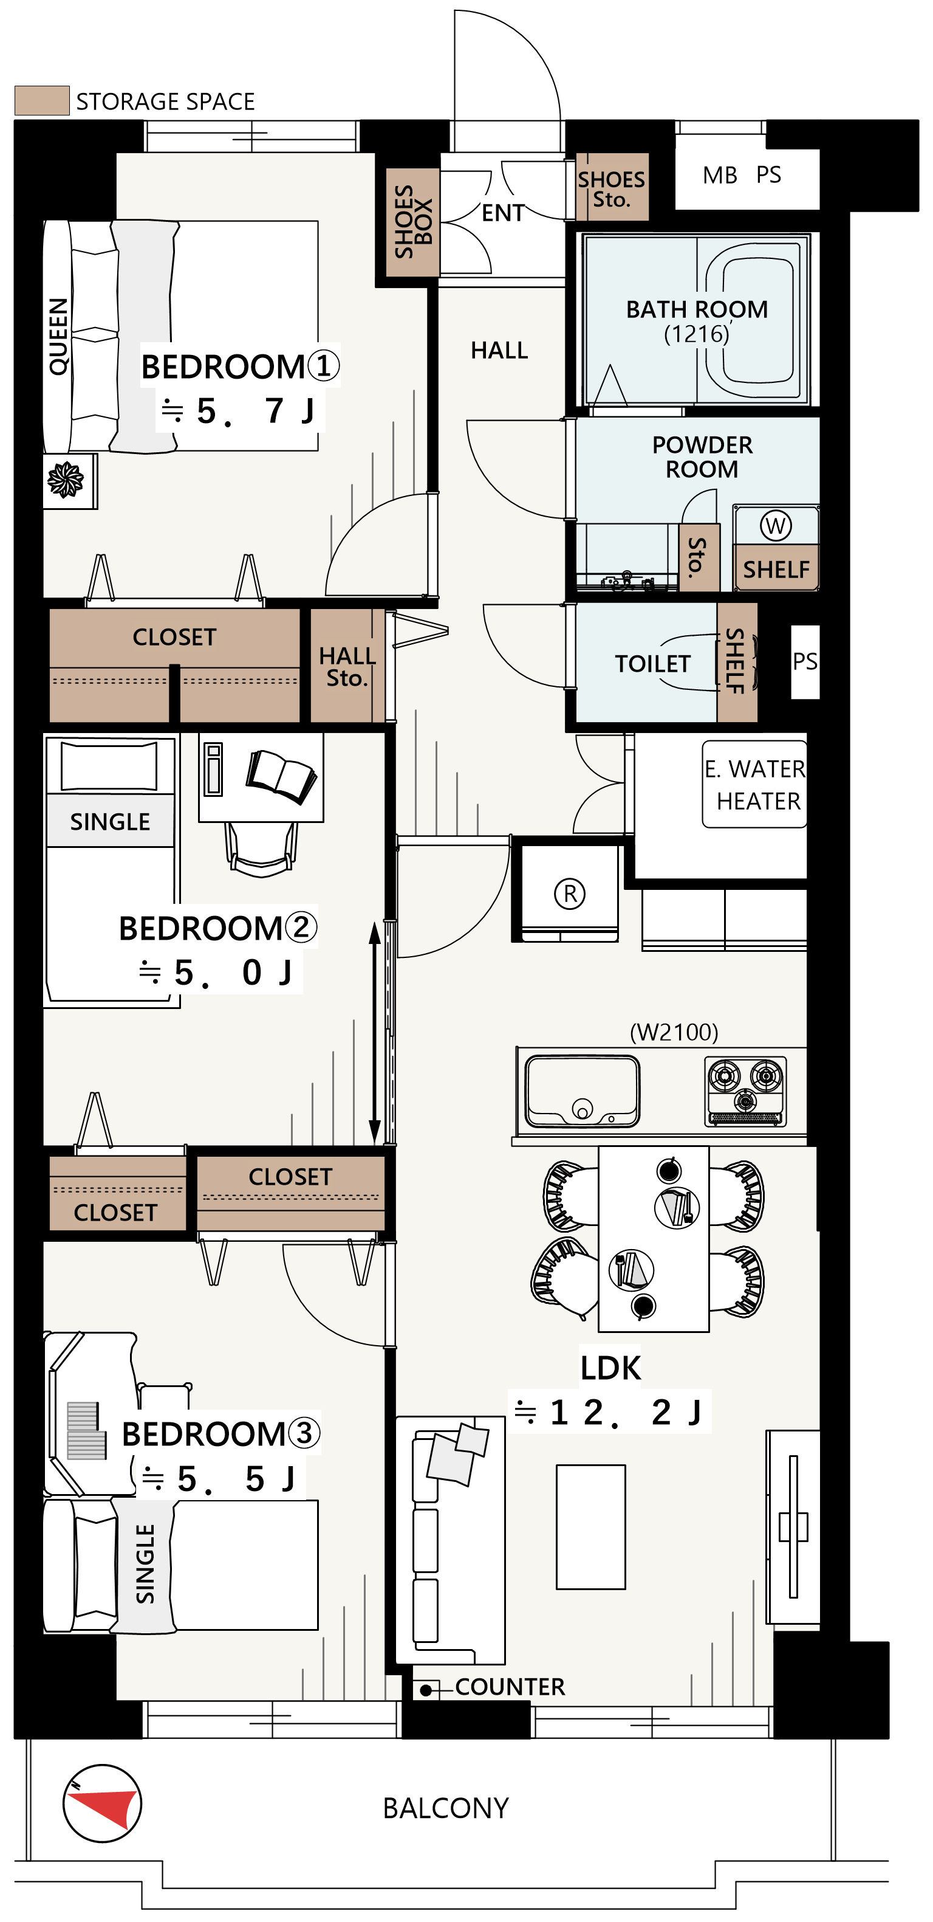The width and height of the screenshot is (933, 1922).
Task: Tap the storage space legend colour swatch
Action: click(42, 100)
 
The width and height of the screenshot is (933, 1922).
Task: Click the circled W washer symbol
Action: click(775, 525)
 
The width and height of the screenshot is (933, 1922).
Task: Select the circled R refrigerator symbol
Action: click(570, 893)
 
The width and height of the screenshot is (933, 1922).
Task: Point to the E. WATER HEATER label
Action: click(755, 784)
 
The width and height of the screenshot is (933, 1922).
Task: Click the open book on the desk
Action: click(281, 776)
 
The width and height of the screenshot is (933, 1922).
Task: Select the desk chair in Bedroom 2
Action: click(261, 849)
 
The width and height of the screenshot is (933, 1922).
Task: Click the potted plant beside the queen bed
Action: click(66, 479)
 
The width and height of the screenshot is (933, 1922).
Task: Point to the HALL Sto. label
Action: click(347, 666)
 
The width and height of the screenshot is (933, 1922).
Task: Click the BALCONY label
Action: click(445, 1808)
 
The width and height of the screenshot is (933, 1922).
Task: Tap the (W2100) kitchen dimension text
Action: click(674, 1032)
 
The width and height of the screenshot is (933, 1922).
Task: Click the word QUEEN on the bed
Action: click(58, 336)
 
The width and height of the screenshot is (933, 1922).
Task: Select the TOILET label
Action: click(652, 663)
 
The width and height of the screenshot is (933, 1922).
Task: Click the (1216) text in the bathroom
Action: click(697, 334)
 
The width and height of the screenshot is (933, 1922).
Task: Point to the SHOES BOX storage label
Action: click(413, 222)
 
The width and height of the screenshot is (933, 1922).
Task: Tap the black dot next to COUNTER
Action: click(425, 1690)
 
